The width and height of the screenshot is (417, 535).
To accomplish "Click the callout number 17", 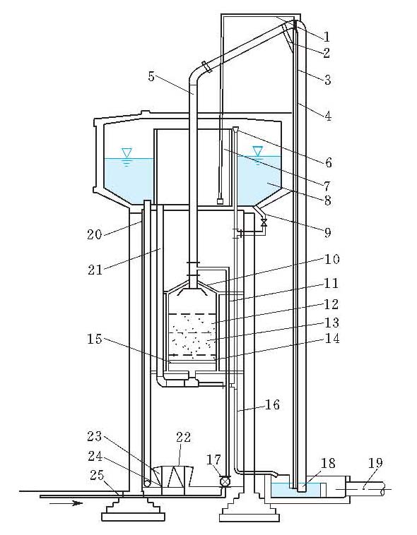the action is (x=213, y=459).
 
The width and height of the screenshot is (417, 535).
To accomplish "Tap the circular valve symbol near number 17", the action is (x=225, y=481).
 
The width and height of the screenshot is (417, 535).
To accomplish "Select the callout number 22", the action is (x=183, y=437).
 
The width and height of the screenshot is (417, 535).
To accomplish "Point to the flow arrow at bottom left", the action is (x=65, y=503).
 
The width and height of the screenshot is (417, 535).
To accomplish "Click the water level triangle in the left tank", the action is (x=127, y=152).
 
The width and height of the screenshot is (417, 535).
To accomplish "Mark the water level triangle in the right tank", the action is (x=257, y=150).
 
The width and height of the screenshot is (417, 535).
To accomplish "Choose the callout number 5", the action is (x=152, y=76).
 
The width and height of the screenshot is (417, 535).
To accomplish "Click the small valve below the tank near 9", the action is (x=264, y=223).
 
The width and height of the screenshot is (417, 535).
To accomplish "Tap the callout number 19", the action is (x=375, y=463).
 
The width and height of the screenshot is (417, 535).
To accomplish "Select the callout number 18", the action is (x=327, y=463).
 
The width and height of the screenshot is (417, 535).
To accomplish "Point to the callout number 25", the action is (x=96, y=475).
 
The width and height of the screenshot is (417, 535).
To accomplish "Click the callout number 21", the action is (x=95, y=270).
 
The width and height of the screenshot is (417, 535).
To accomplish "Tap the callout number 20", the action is (x=94, y=235).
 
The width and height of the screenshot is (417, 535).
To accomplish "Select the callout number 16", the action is (x=272, y=404).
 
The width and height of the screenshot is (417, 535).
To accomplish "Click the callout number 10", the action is (x=331, y=259).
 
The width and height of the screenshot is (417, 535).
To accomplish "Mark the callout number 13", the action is (x=331, y=323).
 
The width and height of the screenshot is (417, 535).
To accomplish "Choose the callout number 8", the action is (x=327, y=201).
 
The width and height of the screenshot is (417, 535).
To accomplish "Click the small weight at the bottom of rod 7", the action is (x=221, y=201).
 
